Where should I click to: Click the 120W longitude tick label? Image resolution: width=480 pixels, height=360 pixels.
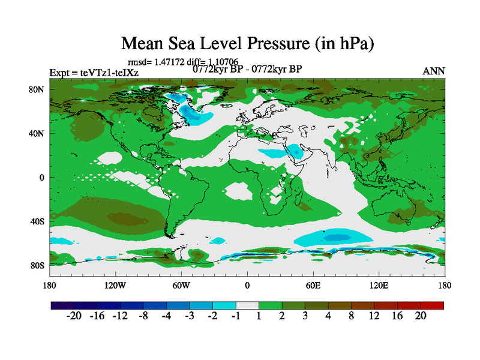(115, 285)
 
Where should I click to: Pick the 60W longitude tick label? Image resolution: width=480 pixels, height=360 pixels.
(181, 285)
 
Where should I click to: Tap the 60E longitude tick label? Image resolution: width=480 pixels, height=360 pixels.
(313, 285)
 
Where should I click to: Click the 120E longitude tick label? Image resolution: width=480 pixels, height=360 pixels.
(379, 285)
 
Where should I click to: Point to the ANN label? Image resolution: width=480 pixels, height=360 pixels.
(434, 71)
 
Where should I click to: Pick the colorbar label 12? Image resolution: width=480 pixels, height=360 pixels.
(374, 316)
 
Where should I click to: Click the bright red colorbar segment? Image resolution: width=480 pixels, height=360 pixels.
(436, 305)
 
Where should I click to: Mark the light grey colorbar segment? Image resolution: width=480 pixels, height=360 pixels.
(247, 305)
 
